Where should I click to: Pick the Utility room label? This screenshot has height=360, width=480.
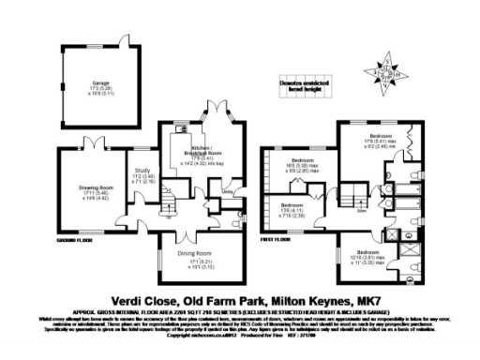(x=226, y=194)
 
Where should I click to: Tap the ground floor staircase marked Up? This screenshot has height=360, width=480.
(x=168, y=202)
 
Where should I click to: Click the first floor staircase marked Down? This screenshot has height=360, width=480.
(x=358, y=200)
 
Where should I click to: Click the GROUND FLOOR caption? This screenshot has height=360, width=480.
(x=72, y=240)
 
